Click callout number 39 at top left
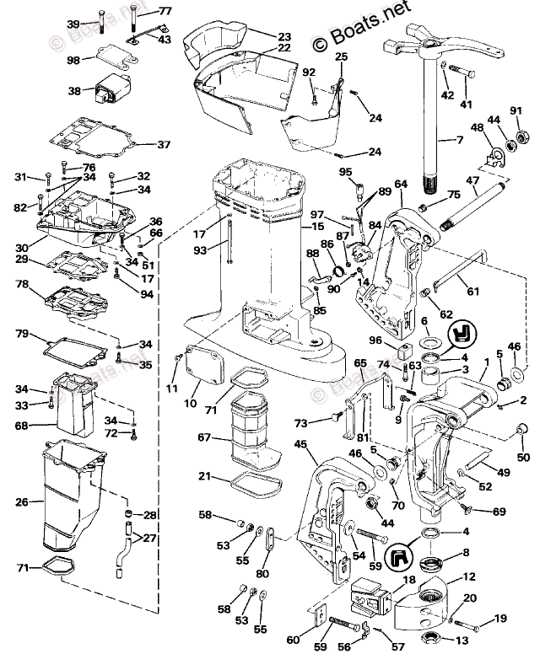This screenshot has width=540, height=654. pyautogui.click(x=73, y=24)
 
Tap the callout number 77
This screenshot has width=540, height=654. pyautogui.click(x=165, y=11)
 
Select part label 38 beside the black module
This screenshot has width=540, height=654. pyautogui.click(x=74, y=91)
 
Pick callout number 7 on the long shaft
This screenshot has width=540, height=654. pyautogui.click(x=483, y=138)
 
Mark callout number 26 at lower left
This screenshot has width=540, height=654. pyautogui.click(x=22, y=502)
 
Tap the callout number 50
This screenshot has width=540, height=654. pyautogui.click(x=523, y=458)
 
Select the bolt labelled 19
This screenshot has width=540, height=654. pyautogui.click(x=472, y=624)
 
